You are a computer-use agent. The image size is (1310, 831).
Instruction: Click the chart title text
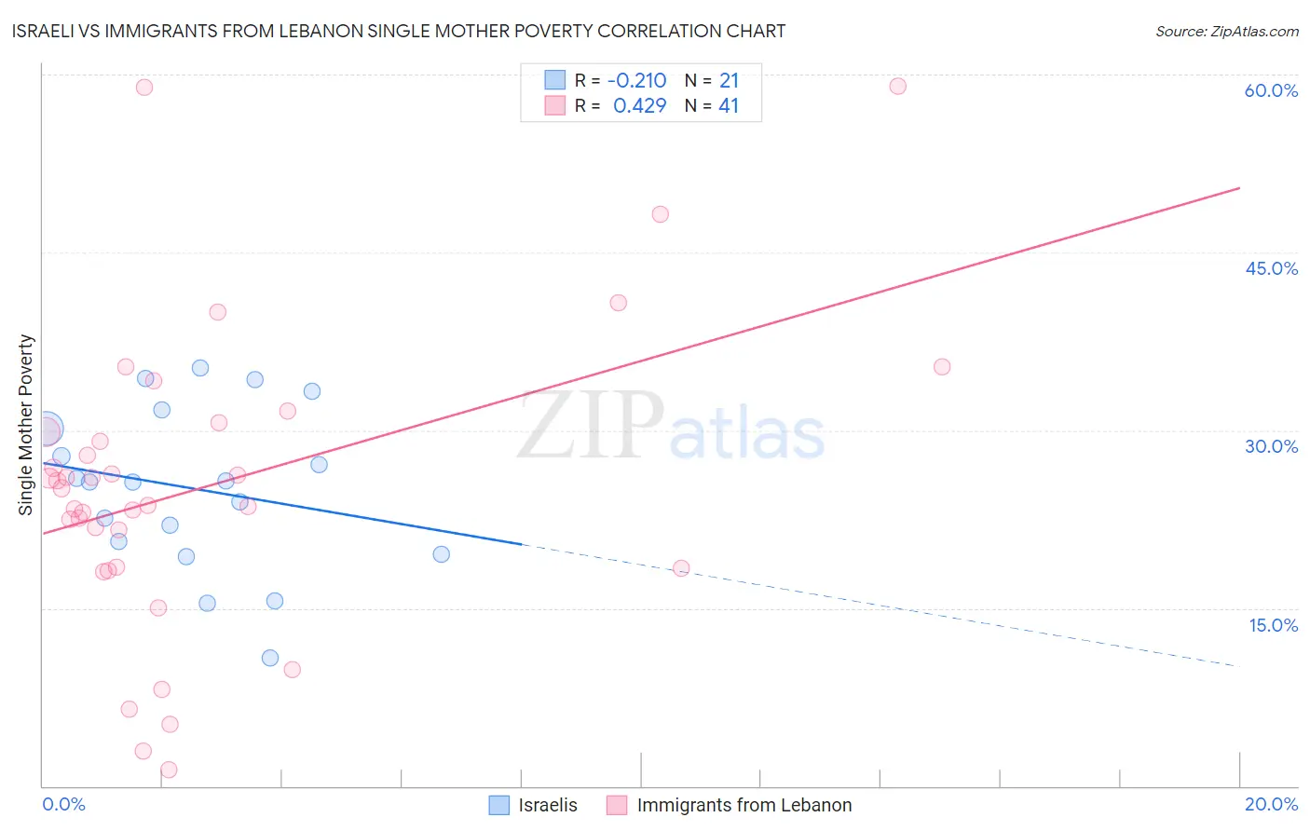399,31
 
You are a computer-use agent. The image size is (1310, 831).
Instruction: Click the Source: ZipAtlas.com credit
1226,31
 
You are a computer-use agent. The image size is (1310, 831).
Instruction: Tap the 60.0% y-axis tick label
1271,90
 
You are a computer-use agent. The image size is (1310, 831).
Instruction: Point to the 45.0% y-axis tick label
1271,268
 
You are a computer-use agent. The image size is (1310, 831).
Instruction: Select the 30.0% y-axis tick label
1271,446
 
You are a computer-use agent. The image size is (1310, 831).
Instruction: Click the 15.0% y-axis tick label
1273,625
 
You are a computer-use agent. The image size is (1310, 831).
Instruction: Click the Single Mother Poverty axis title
26,425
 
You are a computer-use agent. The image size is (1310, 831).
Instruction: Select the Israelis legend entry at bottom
547,805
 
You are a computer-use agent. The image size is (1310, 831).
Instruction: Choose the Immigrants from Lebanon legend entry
744,805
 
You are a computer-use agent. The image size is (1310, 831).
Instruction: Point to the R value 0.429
639,106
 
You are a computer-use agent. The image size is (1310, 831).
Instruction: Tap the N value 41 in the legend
729,106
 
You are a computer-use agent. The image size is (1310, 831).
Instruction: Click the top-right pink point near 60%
897,87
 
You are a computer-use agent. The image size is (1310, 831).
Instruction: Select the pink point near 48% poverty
660,214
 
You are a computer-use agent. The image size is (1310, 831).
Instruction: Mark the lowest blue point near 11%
270,658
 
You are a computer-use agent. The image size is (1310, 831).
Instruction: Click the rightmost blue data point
442,554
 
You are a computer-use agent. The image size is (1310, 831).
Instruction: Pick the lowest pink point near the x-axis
169,770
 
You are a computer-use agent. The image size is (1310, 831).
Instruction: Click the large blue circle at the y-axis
46,429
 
